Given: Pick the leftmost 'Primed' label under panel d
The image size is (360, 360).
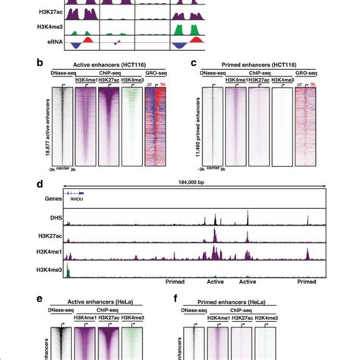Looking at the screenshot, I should point(176,280).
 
